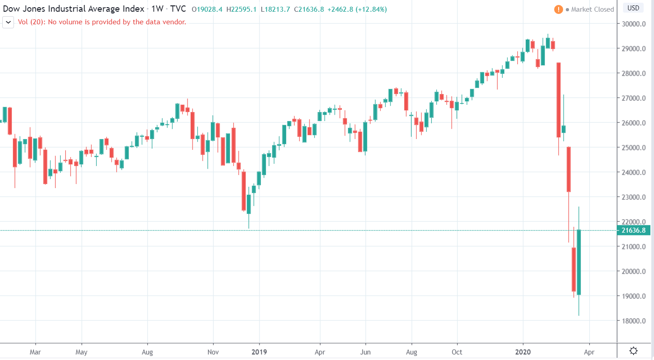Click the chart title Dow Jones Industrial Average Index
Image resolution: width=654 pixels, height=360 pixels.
[74, 9]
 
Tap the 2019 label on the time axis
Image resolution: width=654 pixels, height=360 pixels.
[260, 351]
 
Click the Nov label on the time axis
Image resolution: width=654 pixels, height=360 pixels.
[213, 351]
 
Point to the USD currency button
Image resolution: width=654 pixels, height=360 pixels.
[633, 8]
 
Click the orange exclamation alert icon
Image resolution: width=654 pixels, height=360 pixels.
[558, 9]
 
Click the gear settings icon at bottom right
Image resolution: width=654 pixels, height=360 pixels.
[634, 351]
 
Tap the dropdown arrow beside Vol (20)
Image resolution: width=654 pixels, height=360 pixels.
[8, 22]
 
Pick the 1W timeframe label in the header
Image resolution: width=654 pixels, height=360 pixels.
[157, 9]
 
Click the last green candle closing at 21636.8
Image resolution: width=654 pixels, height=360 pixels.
[579, 262]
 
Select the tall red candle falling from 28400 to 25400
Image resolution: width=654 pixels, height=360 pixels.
[558, 99]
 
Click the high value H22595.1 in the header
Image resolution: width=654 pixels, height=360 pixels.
[241, 9]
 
